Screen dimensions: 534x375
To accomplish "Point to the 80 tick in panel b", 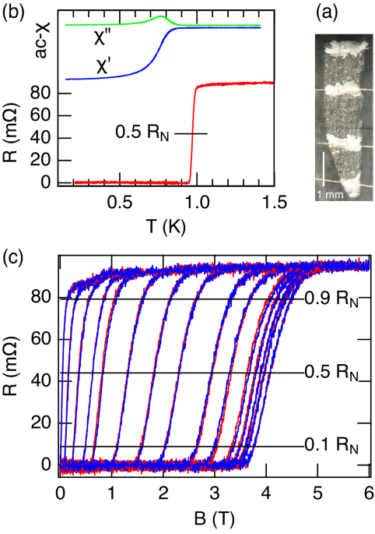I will click(50, 94).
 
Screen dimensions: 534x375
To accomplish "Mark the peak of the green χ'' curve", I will click(161, 16).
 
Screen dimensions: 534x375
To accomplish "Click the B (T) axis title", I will click(214, 518).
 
